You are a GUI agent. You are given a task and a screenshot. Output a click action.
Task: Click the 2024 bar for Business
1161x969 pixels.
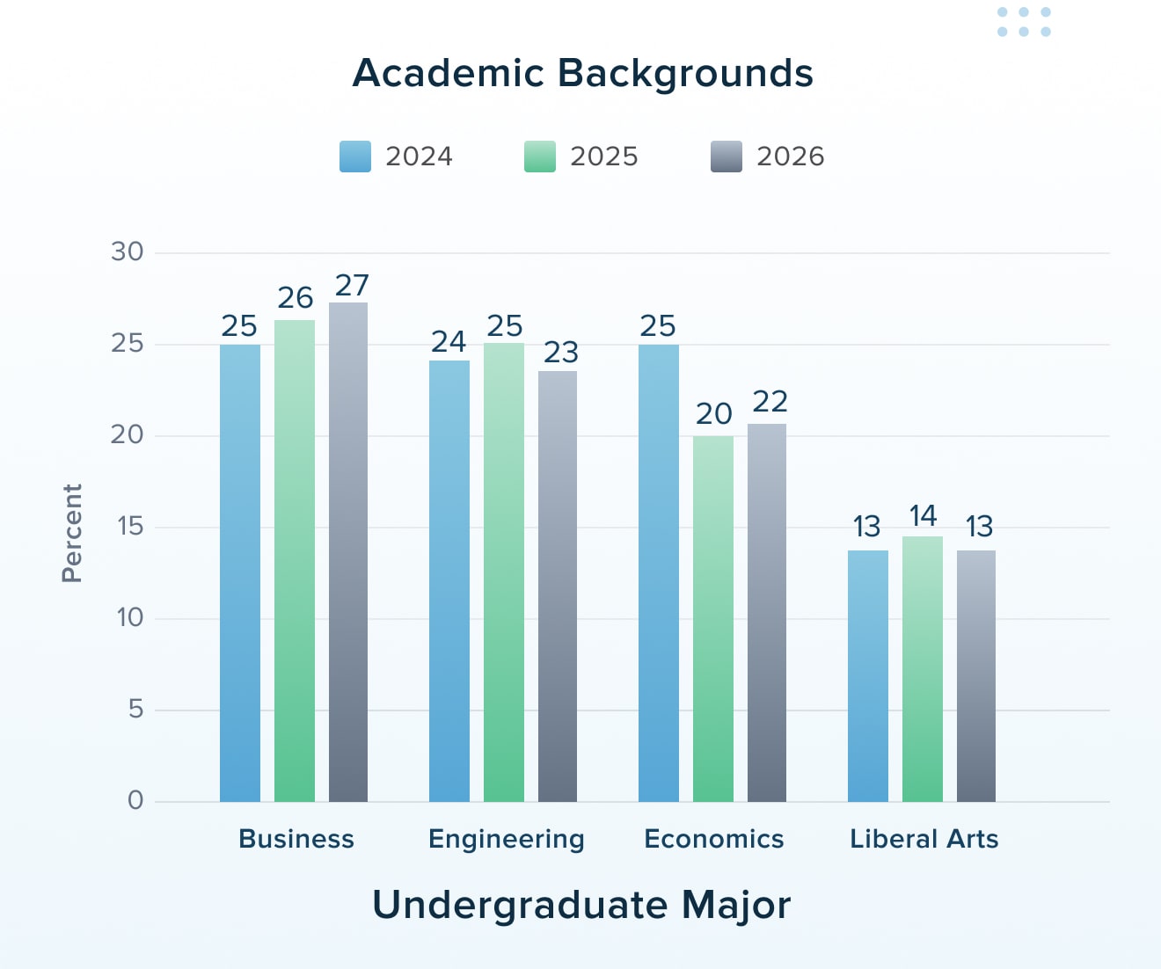click(240, 572)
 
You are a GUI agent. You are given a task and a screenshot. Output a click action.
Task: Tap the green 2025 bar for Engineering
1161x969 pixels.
click(504, 572)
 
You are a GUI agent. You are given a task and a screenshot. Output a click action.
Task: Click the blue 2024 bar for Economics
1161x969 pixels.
click(659, 572)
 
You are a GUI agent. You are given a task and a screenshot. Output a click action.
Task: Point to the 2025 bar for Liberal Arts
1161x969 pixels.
click(923, 668)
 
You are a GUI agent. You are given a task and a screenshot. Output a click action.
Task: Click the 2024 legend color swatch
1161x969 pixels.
click(355, 157)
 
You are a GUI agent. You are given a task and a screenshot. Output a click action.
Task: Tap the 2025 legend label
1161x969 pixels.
click(603, 157)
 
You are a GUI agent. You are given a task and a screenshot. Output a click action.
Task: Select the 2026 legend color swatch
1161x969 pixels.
click(727, 157)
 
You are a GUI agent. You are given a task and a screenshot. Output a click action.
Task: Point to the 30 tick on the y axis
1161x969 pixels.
click(128, 252)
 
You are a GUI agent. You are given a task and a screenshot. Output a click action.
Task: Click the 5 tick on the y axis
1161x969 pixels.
click(135, 710)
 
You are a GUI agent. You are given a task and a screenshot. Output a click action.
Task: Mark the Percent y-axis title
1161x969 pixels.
click(72, 533)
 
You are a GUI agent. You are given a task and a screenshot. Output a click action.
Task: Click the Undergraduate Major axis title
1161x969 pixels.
click(581, 905)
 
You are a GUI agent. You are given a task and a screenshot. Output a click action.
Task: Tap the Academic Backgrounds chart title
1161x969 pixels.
click(582, 73)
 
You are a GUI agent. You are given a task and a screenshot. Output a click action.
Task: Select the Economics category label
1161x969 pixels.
click(713, 839)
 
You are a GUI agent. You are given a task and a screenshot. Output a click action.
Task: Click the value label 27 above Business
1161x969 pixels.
click(352, 286)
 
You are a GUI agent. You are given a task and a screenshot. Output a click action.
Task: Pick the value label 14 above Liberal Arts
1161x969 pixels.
click(923, 515)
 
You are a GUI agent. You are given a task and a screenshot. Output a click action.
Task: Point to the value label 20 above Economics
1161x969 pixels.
click(713, 413)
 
